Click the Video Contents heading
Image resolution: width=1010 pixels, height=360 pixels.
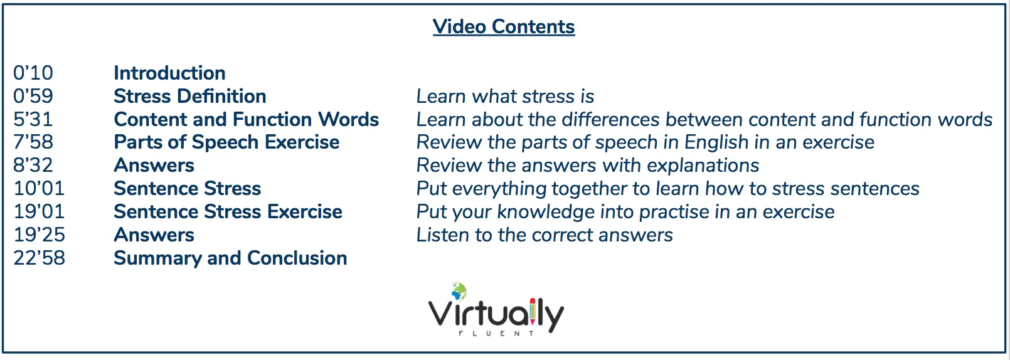[x=504, y=26]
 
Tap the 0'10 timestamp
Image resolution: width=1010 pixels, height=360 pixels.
[x=33, y=73]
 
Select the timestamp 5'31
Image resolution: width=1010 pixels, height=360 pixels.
[x=33, y=119]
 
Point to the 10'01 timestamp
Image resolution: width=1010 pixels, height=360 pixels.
[x=39, y=188]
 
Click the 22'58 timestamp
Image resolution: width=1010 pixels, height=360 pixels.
[x=40, y=258]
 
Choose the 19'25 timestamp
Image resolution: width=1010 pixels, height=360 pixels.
[x=40, y=235]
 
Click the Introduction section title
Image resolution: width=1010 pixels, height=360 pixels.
[x=169, y=73]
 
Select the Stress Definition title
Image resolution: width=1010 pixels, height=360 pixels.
[x=190, y=96]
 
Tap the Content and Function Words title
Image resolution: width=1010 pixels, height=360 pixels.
[x=246, y=119]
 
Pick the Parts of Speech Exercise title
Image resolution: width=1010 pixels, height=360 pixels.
[x=226, y=142]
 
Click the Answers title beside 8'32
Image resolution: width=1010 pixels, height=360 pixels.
[x=154, y=166]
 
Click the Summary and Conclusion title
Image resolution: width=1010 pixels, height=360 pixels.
[x=230, y=258]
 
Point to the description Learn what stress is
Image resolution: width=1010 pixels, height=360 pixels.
[x=505, y=96]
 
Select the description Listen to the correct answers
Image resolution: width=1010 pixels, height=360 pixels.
[x=545, y=235]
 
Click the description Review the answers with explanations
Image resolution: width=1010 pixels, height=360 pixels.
[x=588, y=166]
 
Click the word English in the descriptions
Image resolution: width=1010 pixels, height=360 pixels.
[x=716, y=142]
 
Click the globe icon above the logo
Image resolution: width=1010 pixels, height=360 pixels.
[x=459, y=291]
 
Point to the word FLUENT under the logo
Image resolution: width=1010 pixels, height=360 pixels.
[x=496, y=334]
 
